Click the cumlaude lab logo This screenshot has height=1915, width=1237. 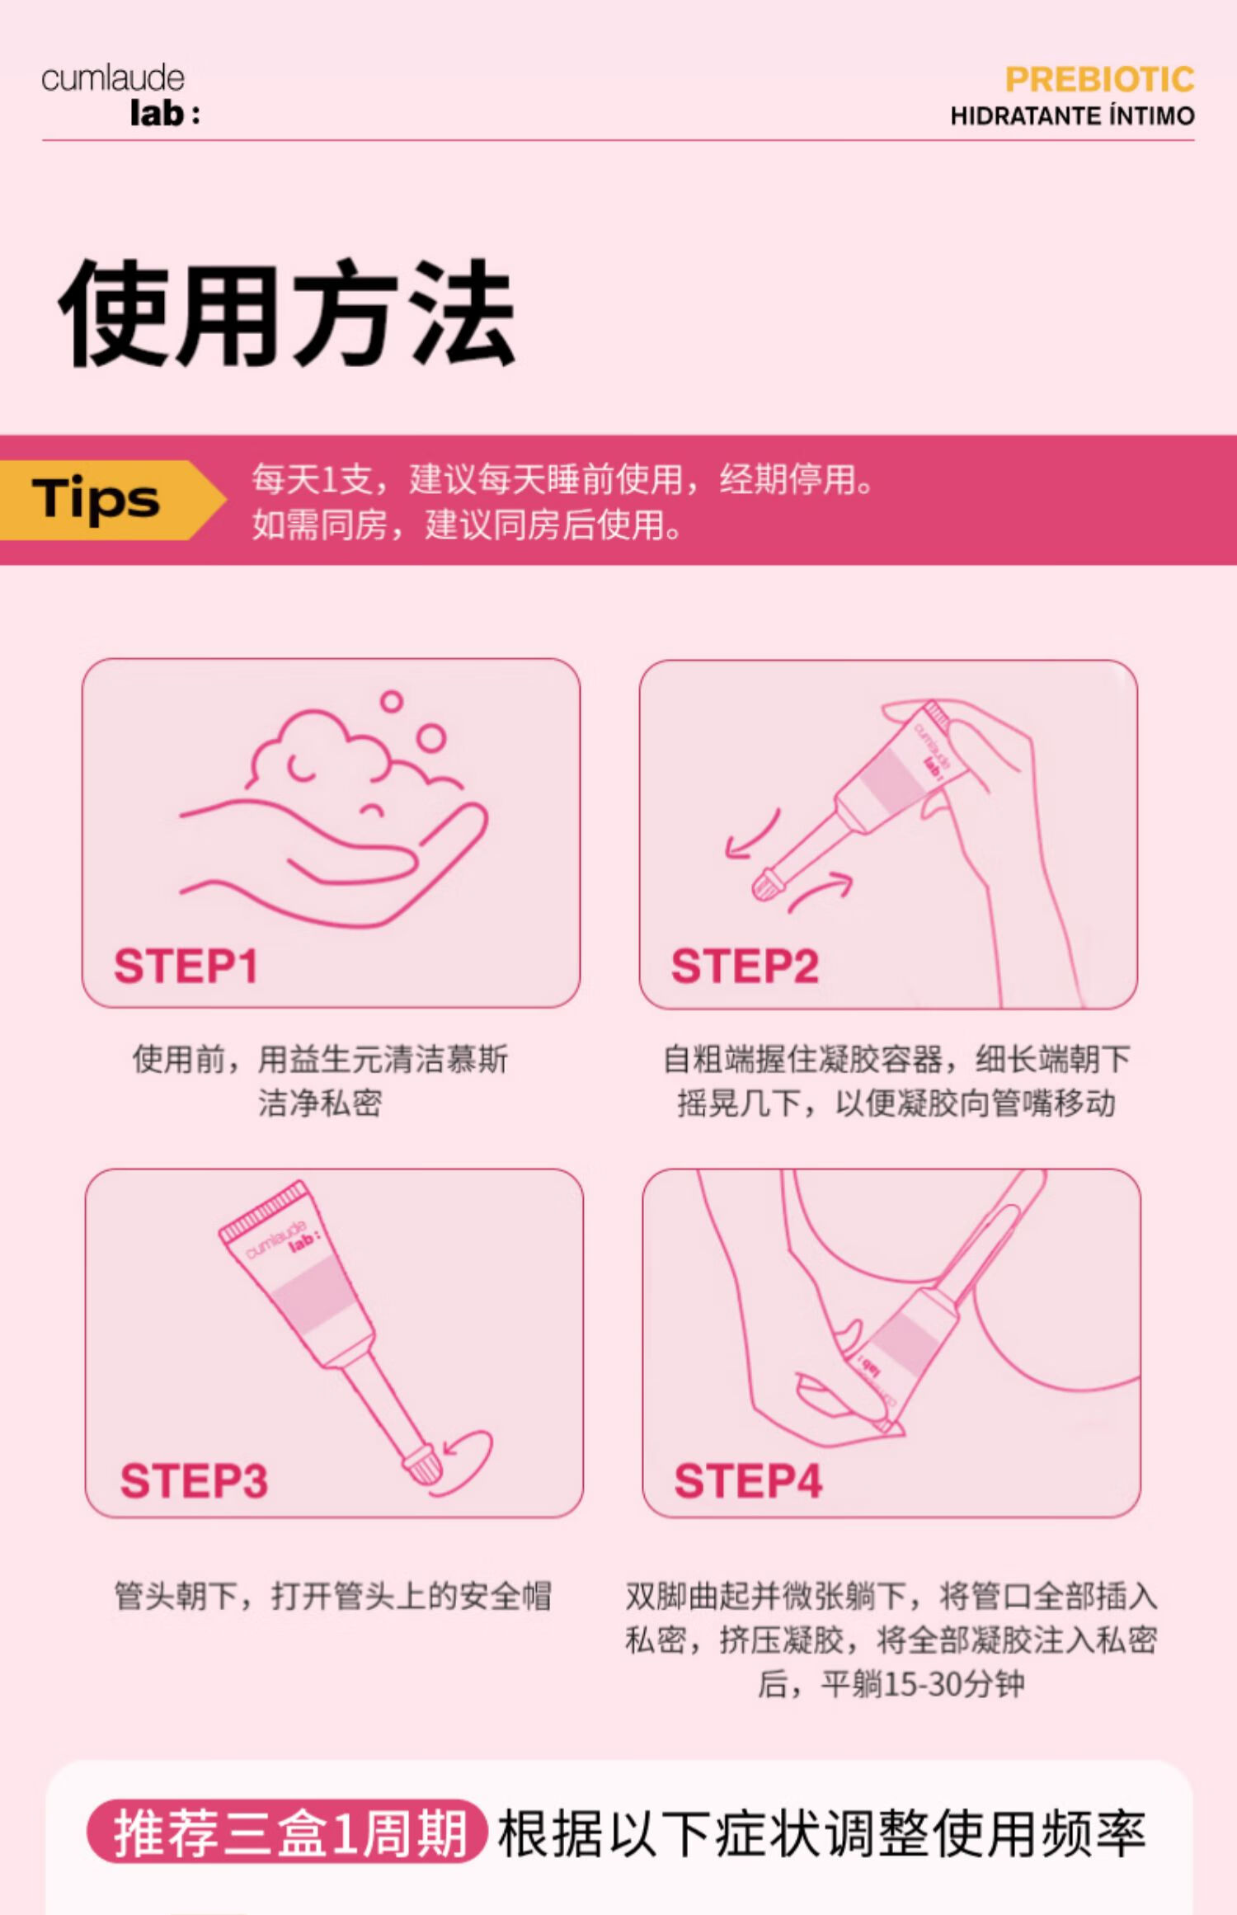coord(120,96)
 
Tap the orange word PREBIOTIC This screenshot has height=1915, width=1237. coord(1099,79)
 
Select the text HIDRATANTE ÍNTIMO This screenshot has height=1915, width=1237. coord(1072,115)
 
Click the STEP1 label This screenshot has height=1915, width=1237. coord(186,966)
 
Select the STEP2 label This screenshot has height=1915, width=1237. coord(745,966)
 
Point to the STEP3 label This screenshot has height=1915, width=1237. coord(194,1480)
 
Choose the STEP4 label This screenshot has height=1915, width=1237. coord(748,1480)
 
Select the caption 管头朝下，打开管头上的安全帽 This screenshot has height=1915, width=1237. coord(332,1596)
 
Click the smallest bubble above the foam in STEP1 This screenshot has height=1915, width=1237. coord(391,702)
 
